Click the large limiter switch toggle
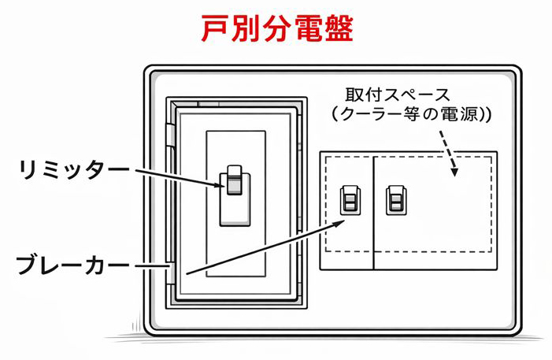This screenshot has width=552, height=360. pos(234,181)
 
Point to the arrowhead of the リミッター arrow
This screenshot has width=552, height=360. pos(222,184)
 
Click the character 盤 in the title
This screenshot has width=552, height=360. pos(337,29)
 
